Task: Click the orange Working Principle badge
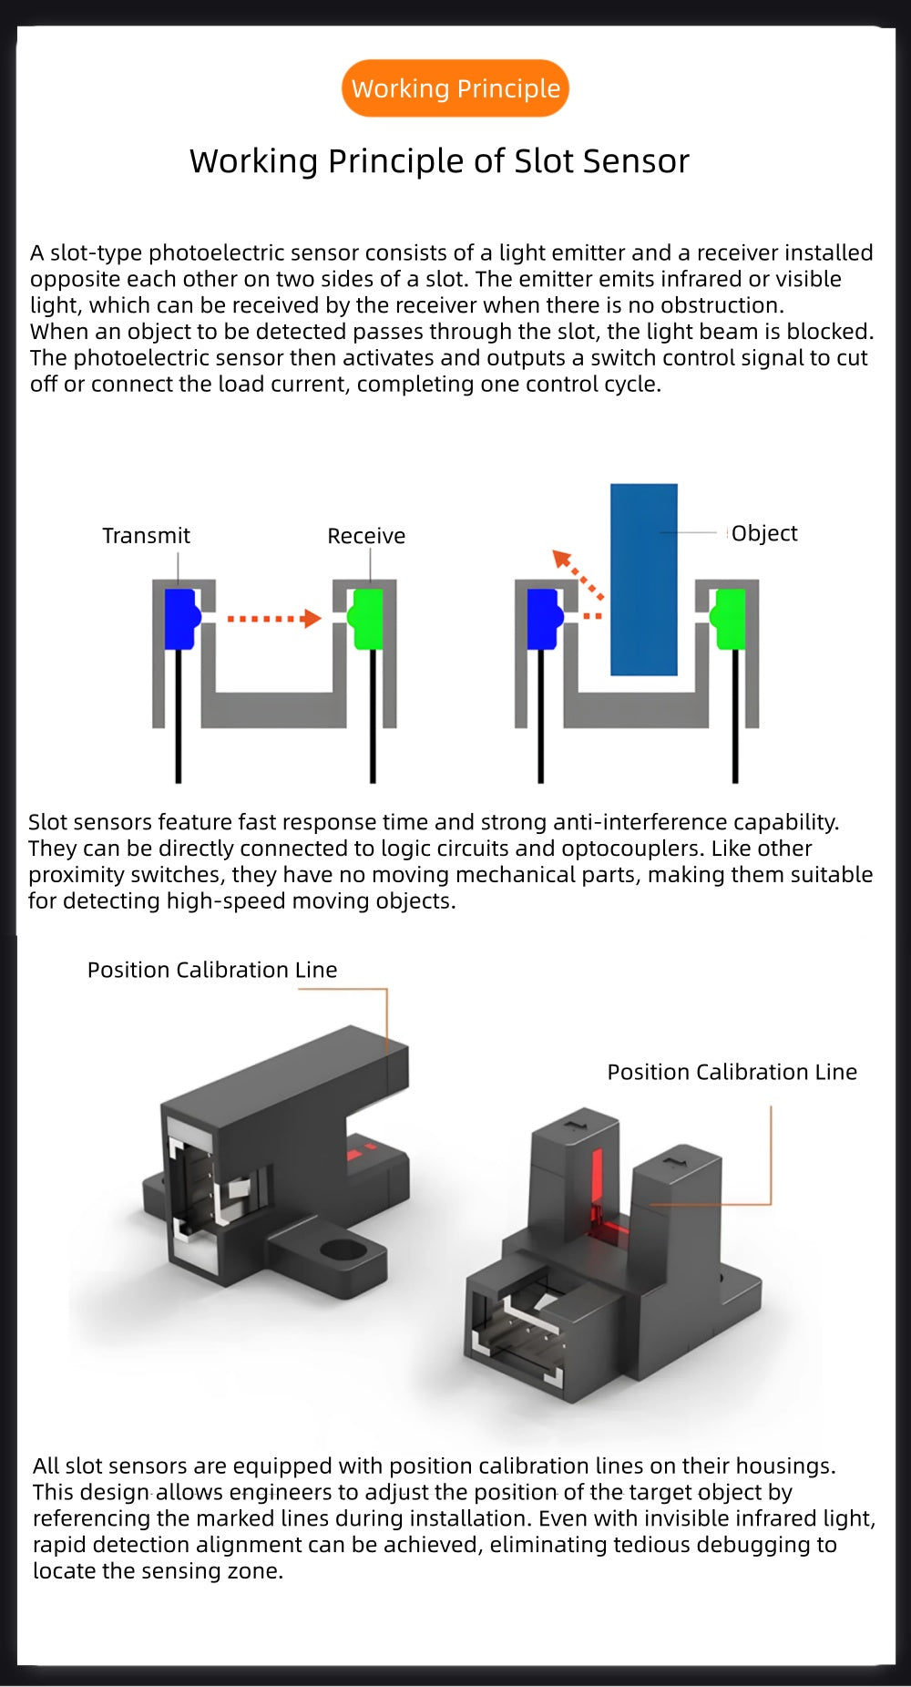[x=455, y=88]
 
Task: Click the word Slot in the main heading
[x=544, y=161]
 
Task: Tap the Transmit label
[x=146, y=535]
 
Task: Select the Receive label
[x=366, y=536]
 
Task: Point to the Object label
[x=764, y=533]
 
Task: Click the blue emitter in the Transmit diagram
[x=181, y=619]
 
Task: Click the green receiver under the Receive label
[x=366, y=619]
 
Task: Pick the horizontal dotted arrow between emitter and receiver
[x=274, y=619]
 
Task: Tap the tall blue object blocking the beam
[x=644, y=580]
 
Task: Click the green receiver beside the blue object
[x=729, y=619]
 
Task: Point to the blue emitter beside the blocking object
[x=545, y=619]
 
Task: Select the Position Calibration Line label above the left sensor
[x=212, y=970]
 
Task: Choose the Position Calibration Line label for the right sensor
[x=732, y=1072]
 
